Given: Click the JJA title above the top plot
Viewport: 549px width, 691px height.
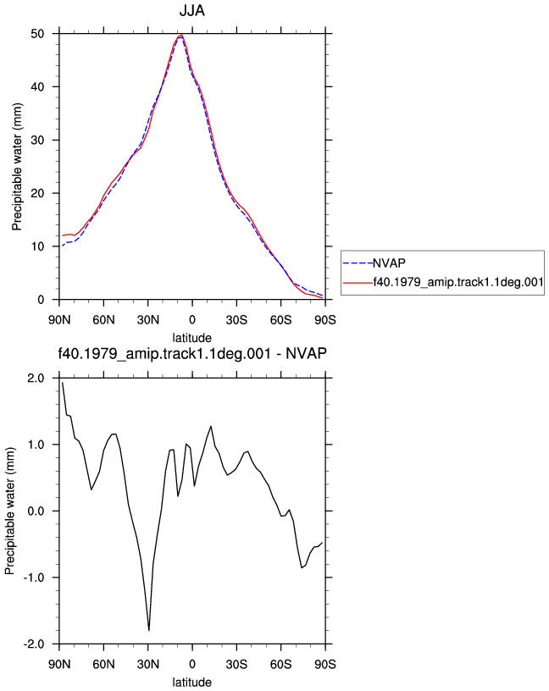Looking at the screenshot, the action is (191, 10).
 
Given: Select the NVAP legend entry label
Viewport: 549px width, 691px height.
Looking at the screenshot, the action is (389, 263).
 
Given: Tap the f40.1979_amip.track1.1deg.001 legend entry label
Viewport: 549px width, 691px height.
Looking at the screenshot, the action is (458, 282).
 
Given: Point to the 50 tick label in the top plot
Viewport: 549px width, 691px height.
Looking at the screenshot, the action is (37, 34).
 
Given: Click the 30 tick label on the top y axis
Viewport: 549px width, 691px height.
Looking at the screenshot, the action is (37, 140).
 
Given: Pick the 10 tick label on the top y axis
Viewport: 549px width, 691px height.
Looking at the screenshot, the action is (37, 246).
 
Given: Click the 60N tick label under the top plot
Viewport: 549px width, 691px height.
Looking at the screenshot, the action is (103, 319).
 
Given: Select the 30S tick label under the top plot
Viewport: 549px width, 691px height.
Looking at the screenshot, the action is (236, 319).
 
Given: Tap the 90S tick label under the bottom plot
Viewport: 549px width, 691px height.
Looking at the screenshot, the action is (325, 664).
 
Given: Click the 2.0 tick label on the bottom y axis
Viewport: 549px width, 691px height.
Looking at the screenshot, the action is (36, 379).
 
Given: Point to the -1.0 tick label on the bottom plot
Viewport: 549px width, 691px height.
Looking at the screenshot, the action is (34, 578).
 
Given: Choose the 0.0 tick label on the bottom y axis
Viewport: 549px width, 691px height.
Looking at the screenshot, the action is (36, 511).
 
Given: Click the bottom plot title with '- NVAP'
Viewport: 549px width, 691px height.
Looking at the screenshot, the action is (192, 353).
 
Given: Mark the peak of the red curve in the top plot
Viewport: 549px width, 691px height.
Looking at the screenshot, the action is (181, 35).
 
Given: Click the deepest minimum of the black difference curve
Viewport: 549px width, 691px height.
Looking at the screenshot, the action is (149, 631).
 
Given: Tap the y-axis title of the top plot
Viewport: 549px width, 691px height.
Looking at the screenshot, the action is (17, 167).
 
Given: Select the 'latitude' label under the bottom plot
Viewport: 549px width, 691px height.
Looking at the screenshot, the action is (191, 683).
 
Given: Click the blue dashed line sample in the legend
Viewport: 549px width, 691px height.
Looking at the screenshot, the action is (358, 263).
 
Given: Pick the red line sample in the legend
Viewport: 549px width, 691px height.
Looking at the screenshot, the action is (358, 282).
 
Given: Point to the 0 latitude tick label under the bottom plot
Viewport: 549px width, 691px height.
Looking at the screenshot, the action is (192, 664).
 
